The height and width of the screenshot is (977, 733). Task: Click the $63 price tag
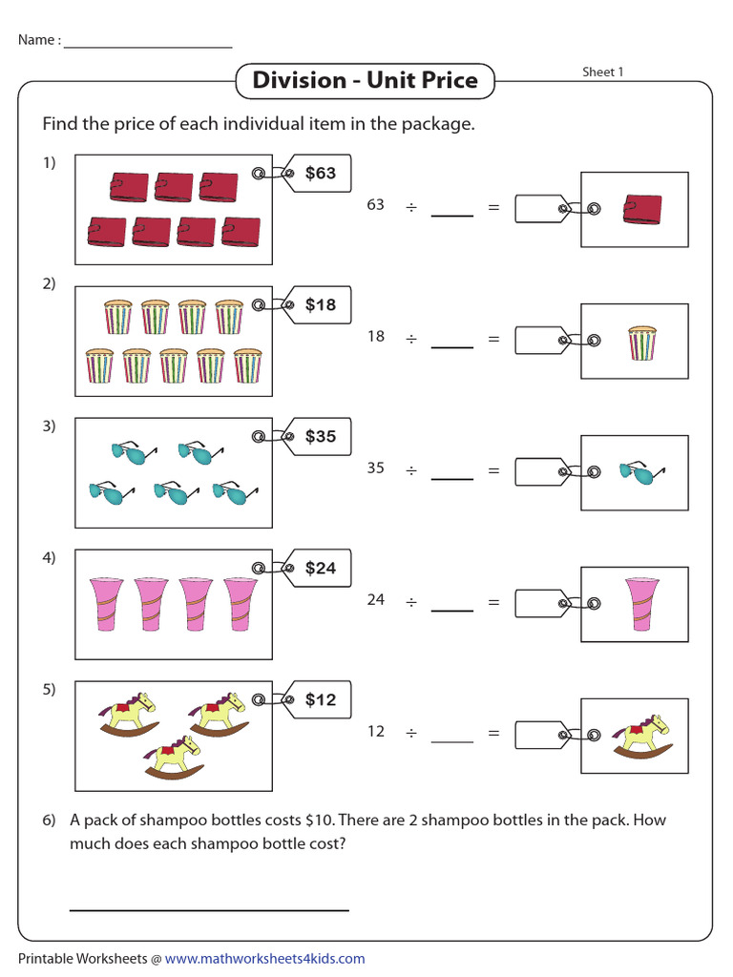click(x=319, y=174)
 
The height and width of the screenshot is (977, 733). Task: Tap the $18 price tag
click(x=319, y=305)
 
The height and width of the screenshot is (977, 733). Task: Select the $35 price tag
click(x=319, y=437)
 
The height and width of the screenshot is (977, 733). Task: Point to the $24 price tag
click(x=319, y=569)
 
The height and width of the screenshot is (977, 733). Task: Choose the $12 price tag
click(x=319, y=700)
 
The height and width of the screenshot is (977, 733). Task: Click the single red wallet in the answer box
click(x=641, y=209)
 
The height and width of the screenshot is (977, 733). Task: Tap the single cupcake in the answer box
click(x=641, y=342)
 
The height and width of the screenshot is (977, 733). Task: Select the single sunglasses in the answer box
click(x=640, y=472)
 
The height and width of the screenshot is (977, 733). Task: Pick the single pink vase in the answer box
click(x=641, y=604)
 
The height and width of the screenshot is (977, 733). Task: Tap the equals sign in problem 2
click(x=493, y=338)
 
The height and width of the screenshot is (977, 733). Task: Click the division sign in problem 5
click(x=411, y=733)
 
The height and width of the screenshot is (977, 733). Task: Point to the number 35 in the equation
click(x=376, y=468)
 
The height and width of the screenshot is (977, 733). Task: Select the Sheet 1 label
click(x=603, y=73)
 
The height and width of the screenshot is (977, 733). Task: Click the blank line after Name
click(x=148, y=46)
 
